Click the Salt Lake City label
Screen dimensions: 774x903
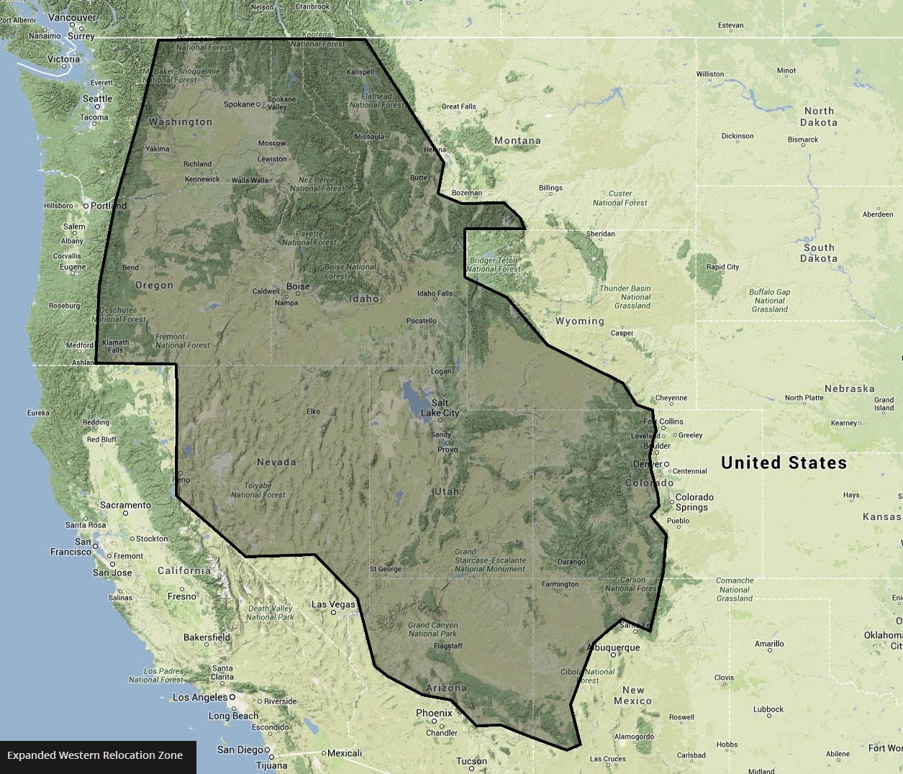tap(440, 408)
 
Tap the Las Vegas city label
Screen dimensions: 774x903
tap(333, 604)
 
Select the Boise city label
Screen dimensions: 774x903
tap(298, 286)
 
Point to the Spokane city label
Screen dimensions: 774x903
tap(239, 104)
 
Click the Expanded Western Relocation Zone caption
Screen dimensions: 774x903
tap(95, 755)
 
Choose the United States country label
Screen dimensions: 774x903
tap(784, 463)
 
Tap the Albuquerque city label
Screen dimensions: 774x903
tap(613, 647)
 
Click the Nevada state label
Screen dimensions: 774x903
tap(276, 462)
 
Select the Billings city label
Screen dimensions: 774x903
tap(550, 188)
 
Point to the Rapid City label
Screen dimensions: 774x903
tap(722, 267)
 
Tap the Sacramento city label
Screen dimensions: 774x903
tap(125, 505)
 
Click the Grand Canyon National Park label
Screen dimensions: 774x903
tap(432, 629)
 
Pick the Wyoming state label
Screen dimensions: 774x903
tap(579, 321)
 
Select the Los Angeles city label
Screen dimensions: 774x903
tap(200, 697)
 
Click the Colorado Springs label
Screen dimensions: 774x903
tap(694, 502)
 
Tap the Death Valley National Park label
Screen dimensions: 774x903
tap(270, 613)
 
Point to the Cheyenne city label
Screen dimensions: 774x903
tap(671, 398)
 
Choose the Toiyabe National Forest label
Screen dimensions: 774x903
tap(258, 490)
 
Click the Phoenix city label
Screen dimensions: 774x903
tap(434, 713)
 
